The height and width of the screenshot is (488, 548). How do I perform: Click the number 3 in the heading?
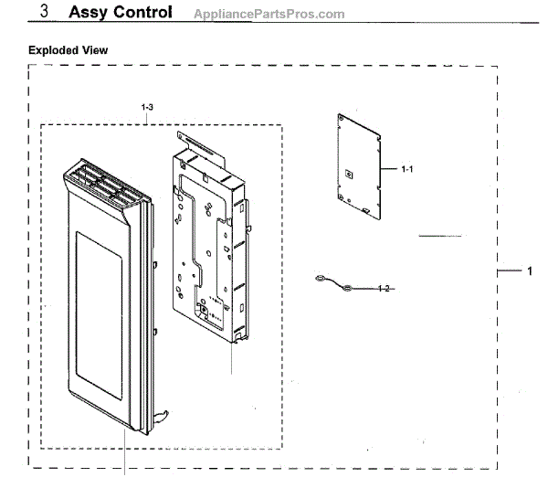45,12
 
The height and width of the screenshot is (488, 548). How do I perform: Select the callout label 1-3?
148,108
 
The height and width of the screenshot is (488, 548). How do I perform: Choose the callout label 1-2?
385,289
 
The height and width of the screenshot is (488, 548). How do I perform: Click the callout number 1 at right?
529,271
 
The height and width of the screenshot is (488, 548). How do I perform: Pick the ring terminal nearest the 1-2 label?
348,289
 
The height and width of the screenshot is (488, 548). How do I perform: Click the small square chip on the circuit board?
348,172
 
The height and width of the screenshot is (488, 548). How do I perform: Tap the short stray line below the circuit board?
441,236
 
